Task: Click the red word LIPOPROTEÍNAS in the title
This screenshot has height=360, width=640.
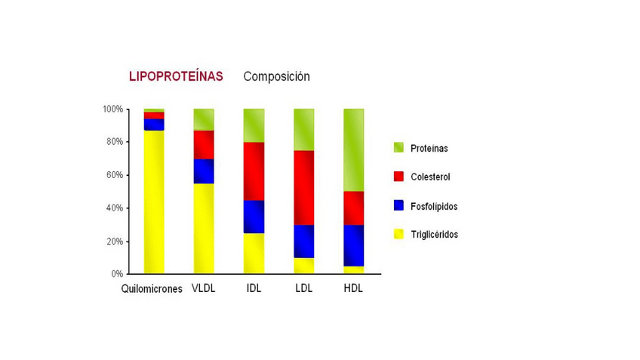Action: [176, 76]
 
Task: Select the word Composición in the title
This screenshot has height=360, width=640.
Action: [276, 76]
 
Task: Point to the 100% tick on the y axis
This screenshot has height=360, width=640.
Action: [112, 109]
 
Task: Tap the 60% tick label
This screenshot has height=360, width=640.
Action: [114, 175]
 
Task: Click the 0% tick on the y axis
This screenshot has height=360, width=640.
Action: [117, 274]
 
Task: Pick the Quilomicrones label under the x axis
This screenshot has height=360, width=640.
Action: [152, 289]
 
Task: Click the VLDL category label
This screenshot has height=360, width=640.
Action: [204, 288]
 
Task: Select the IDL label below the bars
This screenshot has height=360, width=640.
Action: [254, 288]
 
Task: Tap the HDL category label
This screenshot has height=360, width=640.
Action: [353, 288]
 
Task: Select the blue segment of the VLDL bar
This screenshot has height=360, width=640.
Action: [204, 171]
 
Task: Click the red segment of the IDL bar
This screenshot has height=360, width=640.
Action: [254, 171]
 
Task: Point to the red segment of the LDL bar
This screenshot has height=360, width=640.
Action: [303, 188]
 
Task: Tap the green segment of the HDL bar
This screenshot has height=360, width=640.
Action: [353, 150]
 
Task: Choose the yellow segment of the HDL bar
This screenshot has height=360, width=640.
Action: [353, 269]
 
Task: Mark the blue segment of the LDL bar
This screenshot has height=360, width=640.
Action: [303, 242]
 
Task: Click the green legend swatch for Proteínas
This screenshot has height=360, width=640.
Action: [398, 148]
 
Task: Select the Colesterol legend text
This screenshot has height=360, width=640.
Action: [431, 177]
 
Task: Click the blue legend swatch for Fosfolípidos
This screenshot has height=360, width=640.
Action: [398, 205]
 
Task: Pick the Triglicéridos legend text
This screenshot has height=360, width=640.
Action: [434, 235]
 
